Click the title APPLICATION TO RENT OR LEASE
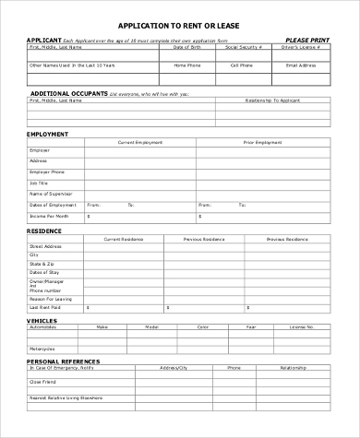point(179,26)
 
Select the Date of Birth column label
point(186,48)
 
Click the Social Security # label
point(245,48)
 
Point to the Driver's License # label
point(304,48)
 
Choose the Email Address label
point(302,65)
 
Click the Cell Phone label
point(242,65)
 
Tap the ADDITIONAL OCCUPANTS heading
point(69,93)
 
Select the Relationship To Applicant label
point(272,101)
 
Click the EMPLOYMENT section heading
point(49,135)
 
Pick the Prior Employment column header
point(263,142)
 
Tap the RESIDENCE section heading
point(44,231)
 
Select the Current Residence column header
point(125,238)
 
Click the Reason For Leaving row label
point(52,299)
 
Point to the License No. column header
point(303,327)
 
